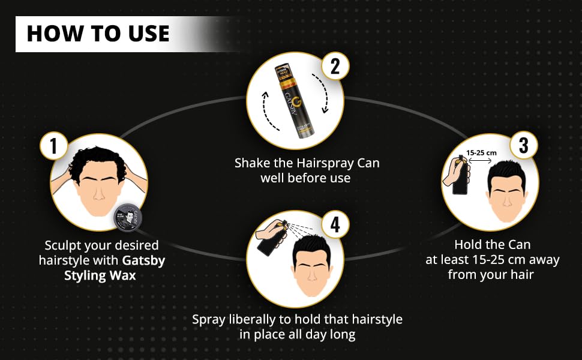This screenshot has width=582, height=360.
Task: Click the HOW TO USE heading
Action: [x=98, y=33]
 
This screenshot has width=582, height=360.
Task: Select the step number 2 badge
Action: [x=335, y=66]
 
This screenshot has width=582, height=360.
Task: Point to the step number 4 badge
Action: [x=335, y=224]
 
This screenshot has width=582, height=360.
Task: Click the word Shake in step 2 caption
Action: [x=251, y=163]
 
